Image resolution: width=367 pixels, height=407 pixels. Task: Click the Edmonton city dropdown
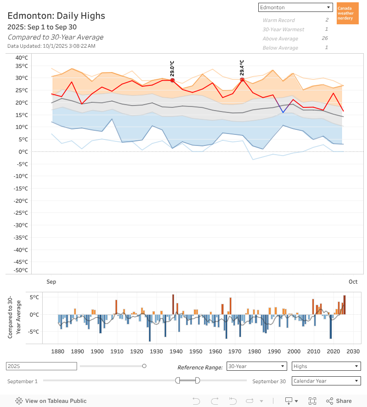[x=295, y=7]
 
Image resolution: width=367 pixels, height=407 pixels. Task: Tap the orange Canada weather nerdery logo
[x=347, y=13]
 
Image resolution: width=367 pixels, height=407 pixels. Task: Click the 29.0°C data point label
[x=172, y=68]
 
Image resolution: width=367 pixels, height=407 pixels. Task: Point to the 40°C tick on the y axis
[x=22, y=58]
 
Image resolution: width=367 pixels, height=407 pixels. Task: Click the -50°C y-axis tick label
[x=21, y=270]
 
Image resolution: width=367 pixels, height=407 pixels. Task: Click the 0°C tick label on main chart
[x=23, y=151]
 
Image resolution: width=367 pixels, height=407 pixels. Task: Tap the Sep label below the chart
[x=51, y=282]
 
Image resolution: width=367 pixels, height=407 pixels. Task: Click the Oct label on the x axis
[x=353, y=282]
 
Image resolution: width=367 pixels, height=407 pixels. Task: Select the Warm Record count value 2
[x=327, y=20]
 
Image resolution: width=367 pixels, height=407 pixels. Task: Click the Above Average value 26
[x=325, y=39]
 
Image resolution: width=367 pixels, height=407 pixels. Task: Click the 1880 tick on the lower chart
[x=58, y=351]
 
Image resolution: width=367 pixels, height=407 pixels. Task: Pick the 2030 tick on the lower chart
[x=353, y=351]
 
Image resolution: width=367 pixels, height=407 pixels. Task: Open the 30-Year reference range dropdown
[x=257, y=366]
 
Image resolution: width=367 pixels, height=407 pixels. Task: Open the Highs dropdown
[x=326, y=366]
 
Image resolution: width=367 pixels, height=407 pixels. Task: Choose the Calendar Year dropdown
[x=326, y=381]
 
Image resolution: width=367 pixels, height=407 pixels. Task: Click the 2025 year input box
[x=41, y=366]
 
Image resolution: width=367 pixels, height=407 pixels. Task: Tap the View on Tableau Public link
[x=51, y=401]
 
